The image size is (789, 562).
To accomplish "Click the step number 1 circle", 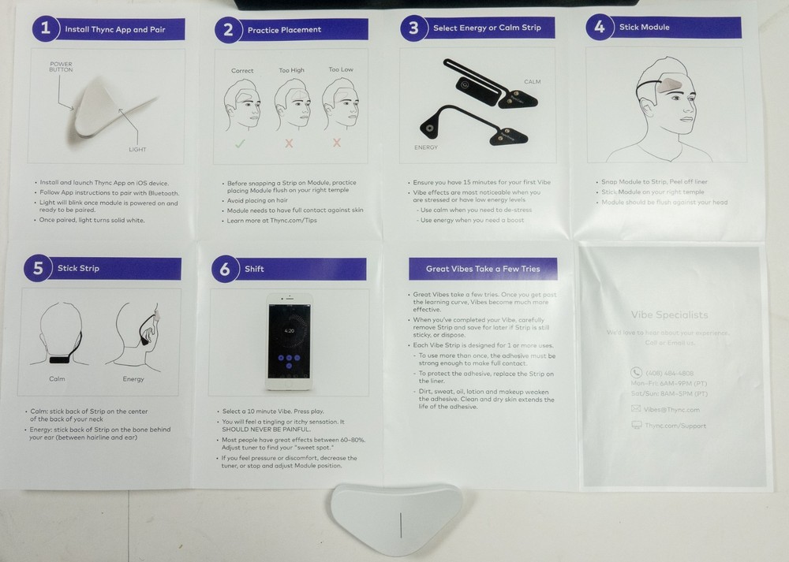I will click(46, 28).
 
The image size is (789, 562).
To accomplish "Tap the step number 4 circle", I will click(600, 27).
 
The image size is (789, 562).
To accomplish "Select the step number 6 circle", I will click(225, 269).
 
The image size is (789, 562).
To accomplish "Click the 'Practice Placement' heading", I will click(284, 30).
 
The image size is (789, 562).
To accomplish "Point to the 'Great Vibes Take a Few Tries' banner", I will click(483, 269).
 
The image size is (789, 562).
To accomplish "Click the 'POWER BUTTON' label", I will click(61, 67).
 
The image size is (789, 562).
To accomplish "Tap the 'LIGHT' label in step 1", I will click(138, 149).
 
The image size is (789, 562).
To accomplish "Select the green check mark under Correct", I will click(241, 143).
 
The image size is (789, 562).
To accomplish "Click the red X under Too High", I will click(289, 143).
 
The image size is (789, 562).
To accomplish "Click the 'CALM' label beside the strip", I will click(533, 81).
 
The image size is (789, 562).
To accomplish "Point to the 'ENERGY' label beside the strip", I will click(426, 147).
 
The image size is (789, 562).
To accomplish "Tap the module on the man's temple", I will click(670, 84).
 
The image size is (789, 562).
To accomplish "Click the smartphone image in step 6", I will click(288, 341).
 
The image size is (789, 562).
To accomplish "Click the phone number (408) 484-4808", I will click(664, 373).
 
